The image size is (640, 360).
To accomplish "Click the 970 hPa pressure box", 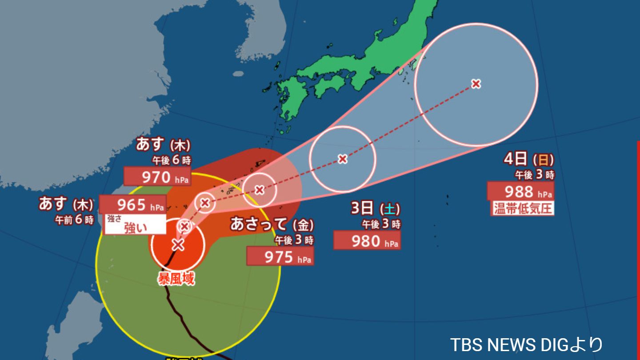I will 157,176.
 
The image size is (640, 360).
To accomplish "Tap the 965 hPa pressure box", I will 132,204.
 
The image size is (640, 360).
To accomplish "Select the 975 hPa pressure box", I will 280,256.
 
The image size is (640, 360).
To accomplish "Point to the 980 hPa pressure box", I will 367,240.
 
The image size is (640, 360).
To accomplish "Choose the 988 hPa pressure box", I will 520,191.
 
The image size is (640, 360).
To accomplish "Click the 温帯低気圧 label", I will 523,208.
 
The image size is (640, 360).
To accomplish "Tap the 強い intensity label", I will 135,228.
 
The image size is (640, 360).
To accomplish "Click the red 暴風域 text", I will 176,279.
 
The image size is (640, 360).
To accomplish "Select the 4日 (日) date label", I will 529,159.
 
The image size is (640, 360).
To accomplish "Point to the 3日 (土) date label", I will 375,208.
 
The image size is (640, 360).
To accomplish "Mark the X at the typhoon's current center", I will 178,244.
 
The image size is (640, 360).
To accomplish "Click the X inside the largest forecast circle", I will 476,84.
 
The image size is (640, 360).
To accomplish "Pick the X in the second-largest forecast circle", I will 342,159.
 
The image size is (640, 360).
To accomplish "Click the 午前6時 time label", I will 74,220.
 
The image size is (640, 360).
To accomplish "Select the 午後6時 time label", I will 172,160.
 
